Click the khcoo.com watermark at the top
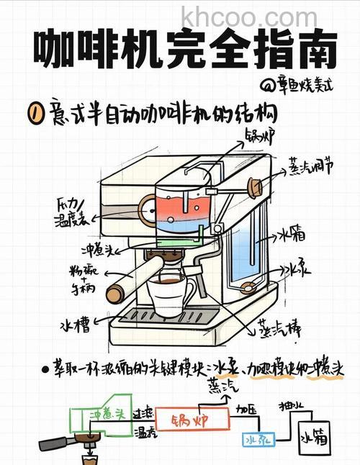(x=248, y=15)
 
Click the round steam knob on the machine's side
(x=254, y=186)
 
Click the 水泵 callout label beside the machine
(x=299, y=270)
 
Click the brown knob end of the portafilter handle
(x=114, y=294)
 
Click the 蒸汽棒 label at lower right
(x=279, y=329)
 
